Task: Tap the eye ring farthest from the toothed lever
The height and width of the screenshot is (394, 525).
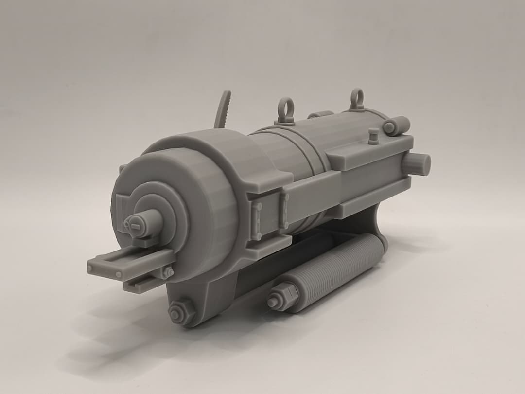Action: click(356, 98)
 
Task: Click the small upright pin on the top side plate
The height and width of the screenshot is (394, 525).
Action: click(373, 136)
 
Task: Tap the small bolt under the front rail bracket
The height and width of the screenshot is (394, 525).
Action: click(168, 272)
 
